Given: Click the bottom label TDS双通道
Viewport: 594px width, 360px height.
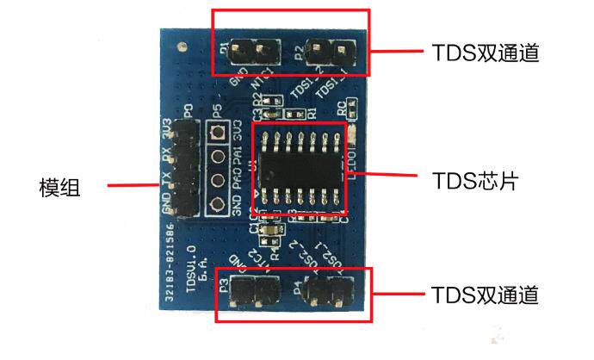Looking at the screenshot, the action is point(483,295).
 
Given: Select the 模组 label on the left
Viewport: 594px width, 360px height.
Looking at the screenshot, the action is point(60,186).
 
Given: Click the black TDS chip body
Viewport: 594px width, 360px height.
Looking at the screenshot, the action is point(299,169).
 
